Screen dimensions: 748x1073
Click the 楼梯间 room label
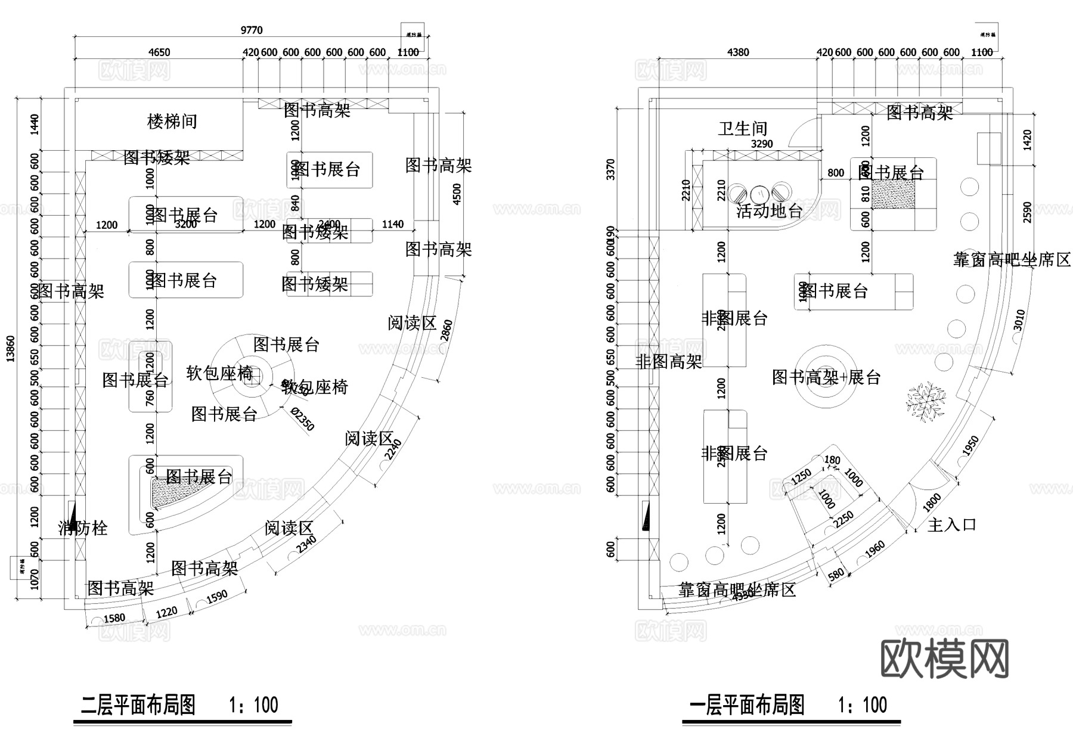tap(172, 122)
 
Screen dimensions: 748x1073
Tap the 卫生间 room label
tap(742, 128)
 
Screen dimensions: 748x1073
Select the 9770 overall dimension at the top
tap(251, 30)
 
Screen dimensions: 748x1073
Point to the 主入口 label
tap(952, 525)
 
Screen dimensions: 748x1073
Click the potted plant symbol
tap(925, 402)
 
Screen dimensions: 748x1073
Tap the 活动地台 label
tap(769, 210)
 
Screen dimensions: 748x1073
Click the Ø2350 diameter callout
tap(303, 419)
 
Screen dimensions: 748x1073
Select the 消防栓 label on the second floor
tap(83, 528)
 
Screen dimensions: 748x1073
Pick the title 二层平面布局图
tap(138, 705)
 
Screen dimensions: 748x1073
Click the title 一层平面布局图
tap(747, 705)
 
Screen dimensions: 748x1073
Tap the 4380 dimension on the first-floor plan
tap(738, 52)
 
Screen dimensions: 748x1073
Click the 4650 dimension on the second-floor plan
tap(159, 52)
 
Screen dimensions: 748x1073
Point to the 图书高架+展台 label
tap(826, 377)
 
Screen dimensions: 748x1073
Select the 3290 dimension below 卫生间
tap(761, 144)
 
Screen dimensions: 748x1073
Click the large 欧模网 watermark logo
tap(944, 659)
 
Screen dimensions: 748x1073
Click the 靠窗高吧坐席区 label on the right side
tap(1012, 260)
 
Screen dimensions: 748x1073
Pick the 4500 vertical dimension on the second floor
tap(457, 194)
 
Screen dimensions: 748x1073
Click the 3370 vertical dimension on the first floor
tap(610, 169)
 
